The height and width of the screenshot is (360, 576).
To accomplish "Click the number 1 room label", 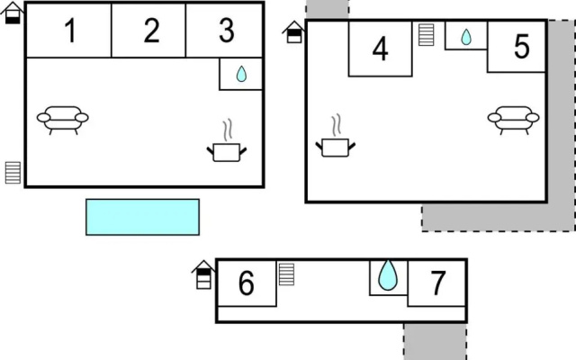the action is coord(70,31).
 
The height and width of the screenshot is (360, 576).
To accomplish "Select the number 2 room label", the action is coord(152,31).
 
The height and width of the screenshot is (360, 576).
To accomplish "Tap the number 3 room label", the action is coord(226,31).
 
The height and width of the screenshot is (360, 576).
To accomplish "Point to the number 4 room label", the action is coord(380,49).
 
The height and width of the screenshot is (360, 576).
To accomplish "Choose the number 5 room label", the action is coord(522,47).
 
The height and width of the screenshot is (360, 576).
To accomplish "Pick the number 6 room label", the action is coord(246,283).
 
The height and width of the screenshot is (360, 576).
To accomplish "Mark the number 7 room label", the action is coord(438,283).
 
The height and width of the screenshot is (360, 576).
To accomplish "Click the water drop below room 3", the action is coord(241,74).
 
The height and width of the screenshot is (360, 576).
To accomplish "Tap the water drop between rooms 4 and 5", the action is coord(466,37).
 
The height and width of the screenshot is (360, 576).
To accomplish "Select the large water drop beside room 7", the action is coord(388,275).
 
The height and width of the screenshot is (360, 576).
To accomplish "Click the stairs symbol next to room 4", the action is coord(426,35).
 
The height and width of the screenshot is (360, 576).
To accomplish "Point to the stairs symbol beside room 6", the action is coord(286,274).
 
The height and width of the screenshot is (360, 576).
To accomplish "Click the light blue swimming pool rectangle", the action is coord(142,217).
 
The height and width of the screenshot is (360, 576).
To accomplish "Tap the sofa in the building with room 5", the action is coord(513,120).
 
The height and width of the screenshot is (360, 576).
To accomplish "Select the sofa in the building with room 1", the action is coord(62,120).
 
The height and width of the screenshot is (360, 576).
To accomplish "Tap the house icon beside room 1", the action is coord(12,13).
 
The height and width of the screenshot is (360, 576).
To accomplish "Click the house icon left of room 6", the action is coord(203,274).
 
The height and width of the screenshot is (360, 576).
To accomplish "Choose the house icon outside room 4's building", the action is coord(294,32).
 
